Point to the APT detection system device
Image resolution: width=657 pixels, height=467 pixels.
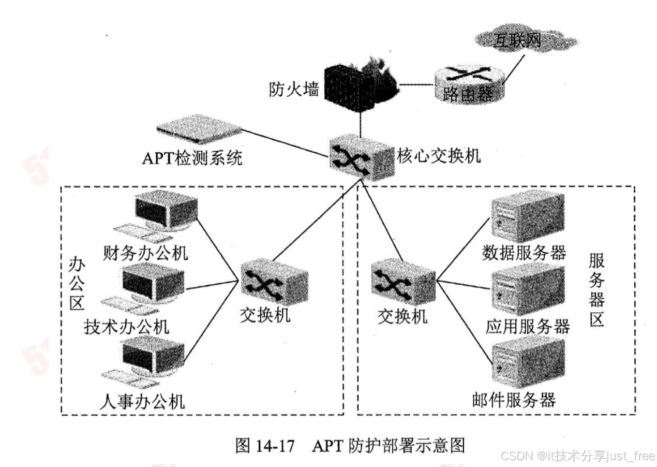[199, 133]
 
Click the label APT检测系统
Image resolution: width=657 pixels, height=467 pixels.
[192, 158]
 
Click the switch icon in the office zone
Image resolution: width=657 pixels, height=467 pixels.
[266, 282]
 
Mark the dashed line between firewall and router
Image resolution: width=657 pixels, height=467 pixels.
[414, 85]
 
